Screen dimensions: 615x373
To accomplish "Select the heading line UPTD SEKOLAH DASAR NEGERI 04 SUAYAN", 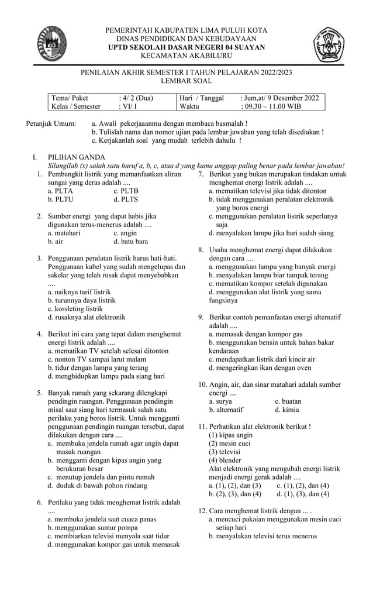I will click(x=186, y=47).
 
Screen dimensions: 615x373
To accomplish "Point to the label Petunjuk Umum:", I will click(x=51, y=124).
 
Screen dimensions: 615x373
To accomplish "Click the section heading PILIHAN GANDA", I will click(x=77, y=157).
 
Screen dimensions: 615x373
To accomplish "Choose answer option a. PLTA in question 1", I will click(x=60, y=191).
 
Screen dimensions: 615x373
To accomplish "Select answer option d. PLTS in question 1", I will click(x=126, y=199).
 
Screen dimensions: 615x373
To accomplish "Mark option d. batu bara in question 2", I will click(x=130, y=241).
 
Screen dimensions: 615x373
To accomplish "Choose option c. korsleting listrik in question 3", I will click(x=75, y=308).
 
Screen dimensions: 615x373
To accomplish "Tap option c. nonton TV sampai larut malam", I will click(x=96, y=359).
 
